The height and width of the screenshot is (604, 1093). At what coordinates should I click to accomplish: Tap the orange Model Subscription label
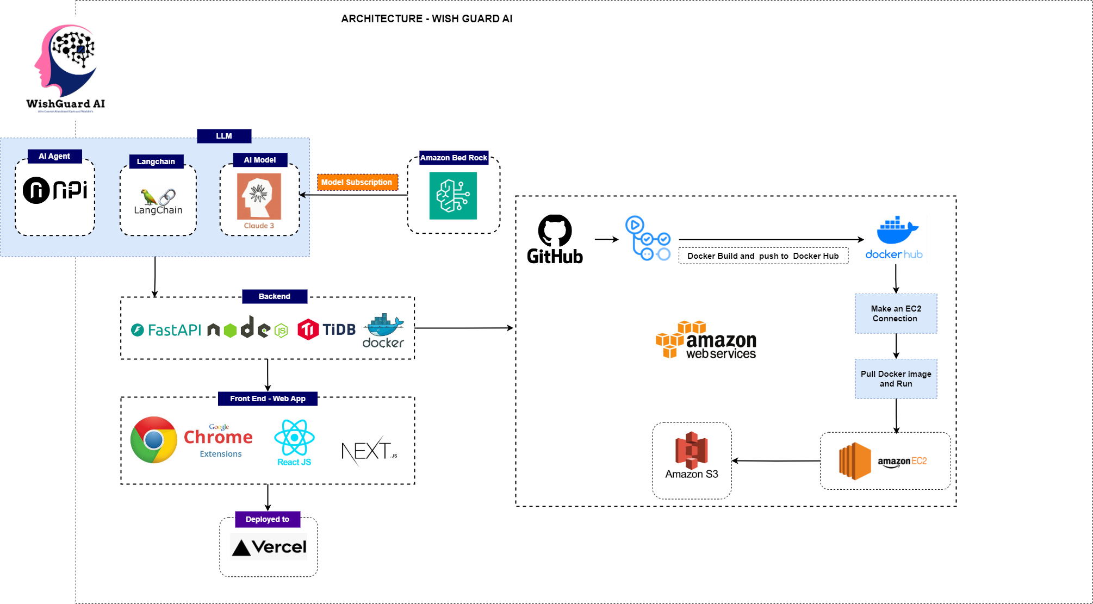click(357, 182)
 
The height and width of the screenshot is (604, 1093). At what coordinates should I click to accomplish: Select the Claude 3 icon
click(259, 196)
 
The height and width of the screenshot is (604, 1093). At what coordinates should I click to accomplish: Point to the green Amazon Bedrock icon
click(453, 196)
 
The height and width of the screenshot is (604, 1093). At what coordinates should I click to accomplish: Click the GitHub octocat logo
click(555, 231)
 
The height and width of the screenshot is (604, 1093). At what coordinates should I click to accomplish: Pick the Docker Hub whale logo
click(897, 231)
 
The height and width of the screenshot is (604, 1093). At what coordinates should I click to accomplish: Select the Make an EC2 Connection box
click(896, 314)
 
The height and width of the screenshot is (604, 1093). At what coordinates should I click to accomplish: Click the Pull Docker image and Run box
click(896, 379)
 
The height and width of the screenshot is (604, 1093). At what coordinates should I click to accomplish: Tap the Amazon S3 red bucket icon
click(691, 450)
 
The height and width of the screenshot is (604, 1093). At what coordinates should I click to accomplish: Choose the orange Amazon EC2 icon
click(855, 461)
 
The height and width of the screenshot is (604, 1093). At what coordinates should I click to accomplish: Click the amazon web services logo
click(706, 340)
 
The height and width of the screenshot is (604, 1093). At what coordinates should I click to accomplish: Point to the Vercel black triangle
click(241, 548)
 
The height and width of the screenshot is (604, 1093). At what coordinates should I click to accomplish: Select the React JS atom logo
click(294, 438)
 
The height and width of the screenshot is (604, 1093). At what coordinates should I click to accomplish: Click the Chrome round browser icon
click(154, 440)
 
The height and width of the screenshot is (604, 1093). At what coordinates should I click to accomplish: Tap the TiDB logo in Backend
click(327, 329)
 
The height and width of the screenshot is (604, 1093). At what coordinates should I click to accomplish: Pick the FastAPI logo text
click(166, 330)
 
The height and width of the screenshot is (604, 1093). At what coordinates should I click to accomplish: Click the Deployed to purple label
click(268, 519)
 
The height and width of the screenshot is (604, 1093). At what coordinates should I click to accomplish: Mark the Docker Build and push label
click(763, 256)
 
